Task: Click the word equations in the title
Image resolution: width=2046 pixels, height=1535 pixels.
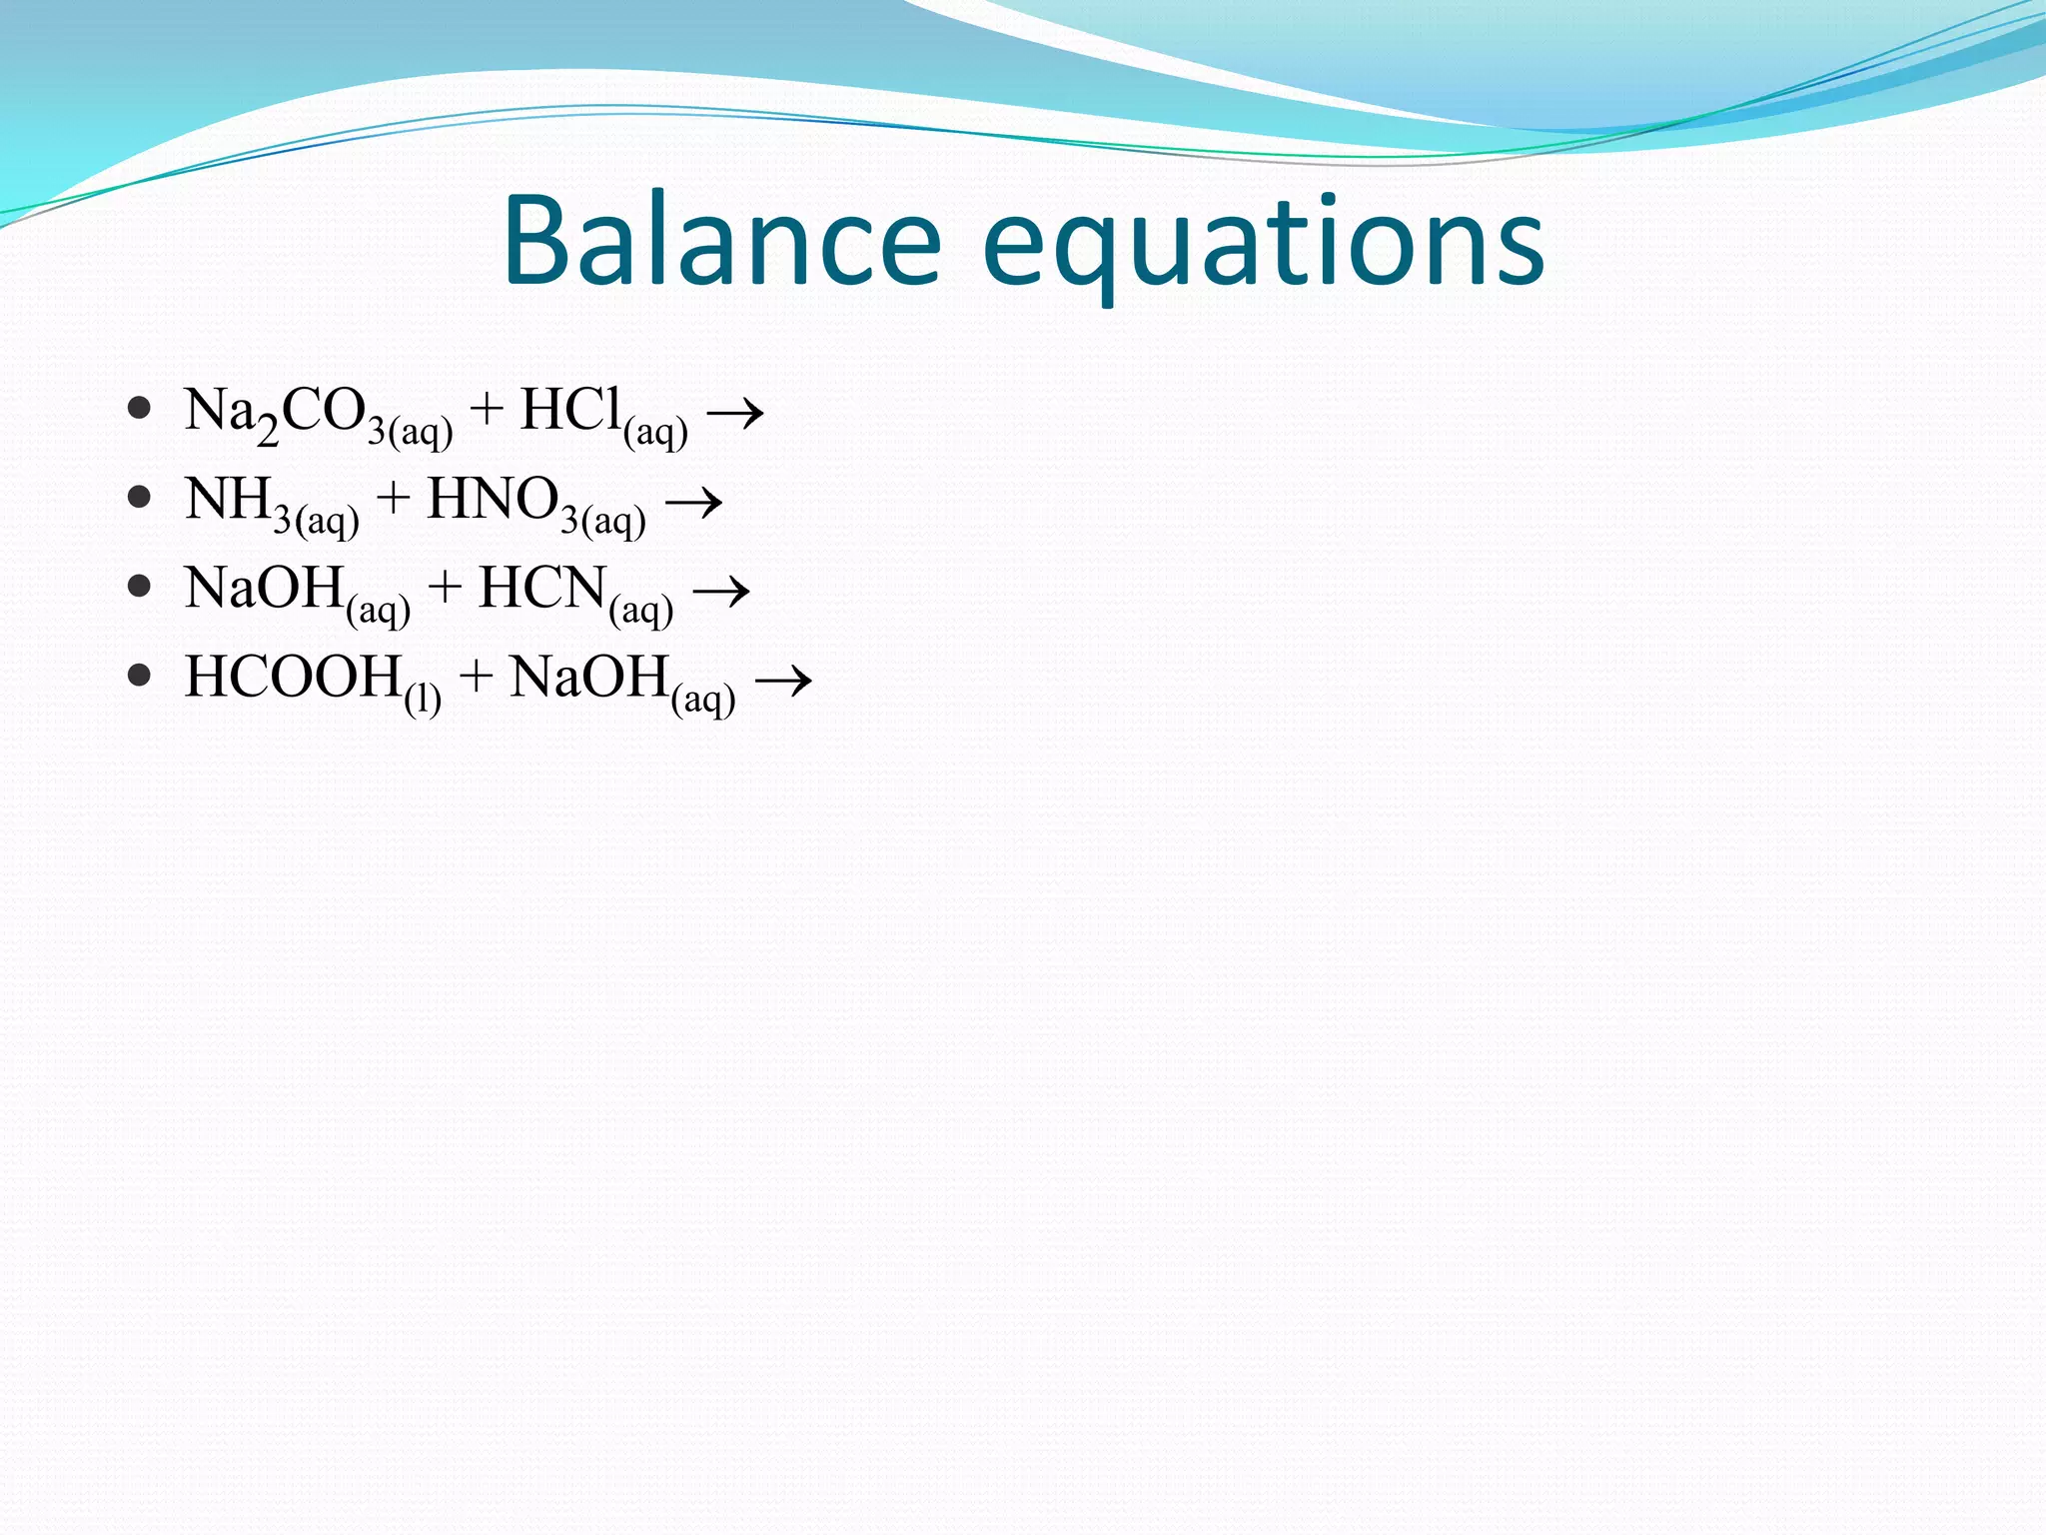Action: (x=1264, y=246)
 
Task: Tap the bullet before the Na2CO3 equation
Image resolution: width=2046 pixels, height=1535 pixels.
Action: (x=140, y=409)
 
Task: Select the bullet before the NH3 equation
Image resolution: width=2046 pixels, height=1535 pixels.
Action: (x=140, y=498)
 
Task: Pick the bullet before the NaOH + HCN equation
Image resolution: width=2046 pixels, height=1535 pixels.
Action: (x=140, y=587)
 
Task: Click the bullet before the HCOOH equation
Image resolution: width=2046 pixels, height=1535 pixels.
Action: (x=140, y=676)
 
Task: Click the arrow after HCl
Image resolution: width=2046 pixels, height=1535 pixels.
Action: (x=735, y=412)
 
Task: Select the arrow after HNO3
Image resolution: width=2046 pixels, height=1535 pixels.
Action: (x=693, y=501)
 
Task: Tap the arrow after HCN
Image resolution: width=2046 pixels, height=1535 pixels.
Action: (x=721, y=590)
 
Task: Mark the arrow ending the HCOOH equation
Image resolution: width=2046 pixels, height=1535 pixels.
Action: (x=783, y=681)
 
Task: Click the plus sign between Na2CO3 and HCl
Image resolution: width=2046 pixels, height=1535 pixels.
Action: (x=487, y=410)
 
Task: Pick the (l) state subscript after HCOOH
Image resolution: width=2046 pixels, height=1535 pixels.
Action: (x=423, y=698)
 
